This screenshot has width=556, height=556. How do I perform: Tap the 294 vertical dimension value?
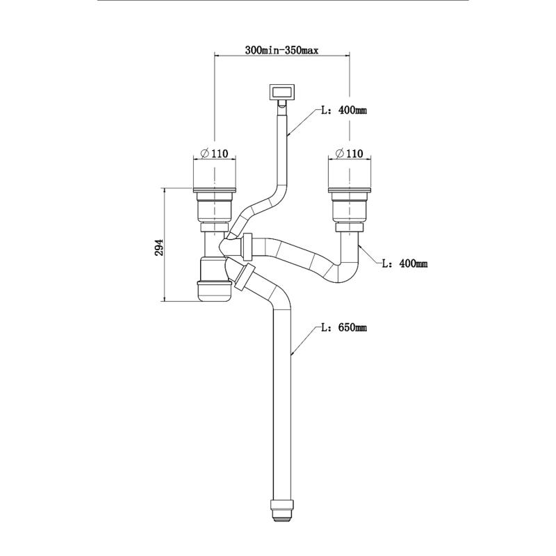[158, 247]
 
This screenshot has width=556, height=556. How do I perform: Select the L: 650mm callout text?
[343, 327]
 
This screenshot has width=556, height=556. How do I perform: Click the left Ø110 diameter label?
[215, 153]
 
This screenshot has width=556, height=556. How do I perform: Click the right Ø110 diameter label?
[350, 153]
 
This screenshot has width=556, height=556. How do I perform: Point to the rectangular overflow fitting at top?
[282, 91]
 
